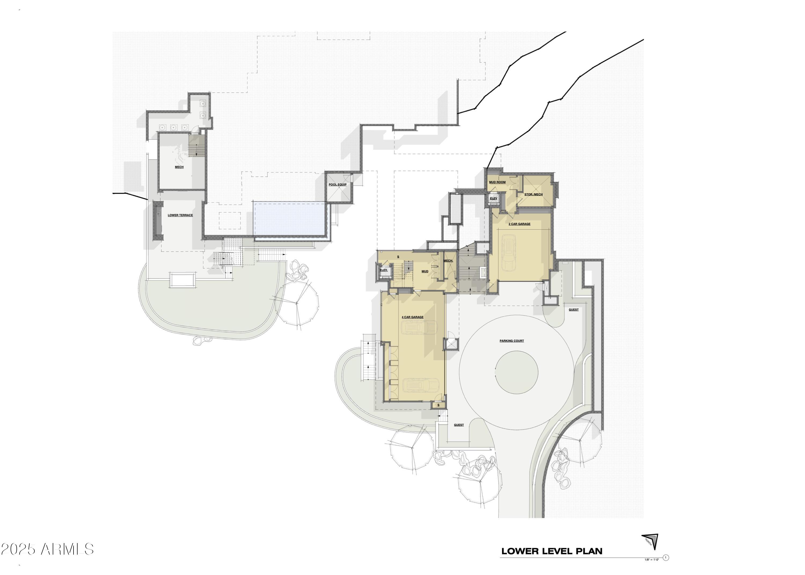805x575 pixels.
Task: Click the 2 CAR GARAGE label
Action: click(x=519, y=224)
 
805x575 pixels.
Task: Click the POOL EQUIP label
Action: click(x=337, y=184)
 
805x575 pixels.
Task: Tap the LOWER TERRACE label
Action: click(x=180, y=215)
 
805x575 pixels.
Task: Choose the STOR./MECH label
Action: click(x=533, y=194)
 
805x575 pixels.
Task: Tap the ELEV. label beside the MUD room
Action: click(x=383, y=270)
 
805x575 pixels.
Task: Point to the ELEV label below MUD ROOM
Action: click(x=493, y=198)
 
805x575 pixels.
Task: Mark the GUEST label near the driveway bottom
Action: click(x=459, y=425)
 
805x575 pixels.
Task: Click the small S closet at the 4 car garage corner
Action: click(x=438, y=405)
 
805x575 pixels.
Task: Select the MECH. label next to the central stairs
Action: click(x=448, y=261)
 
